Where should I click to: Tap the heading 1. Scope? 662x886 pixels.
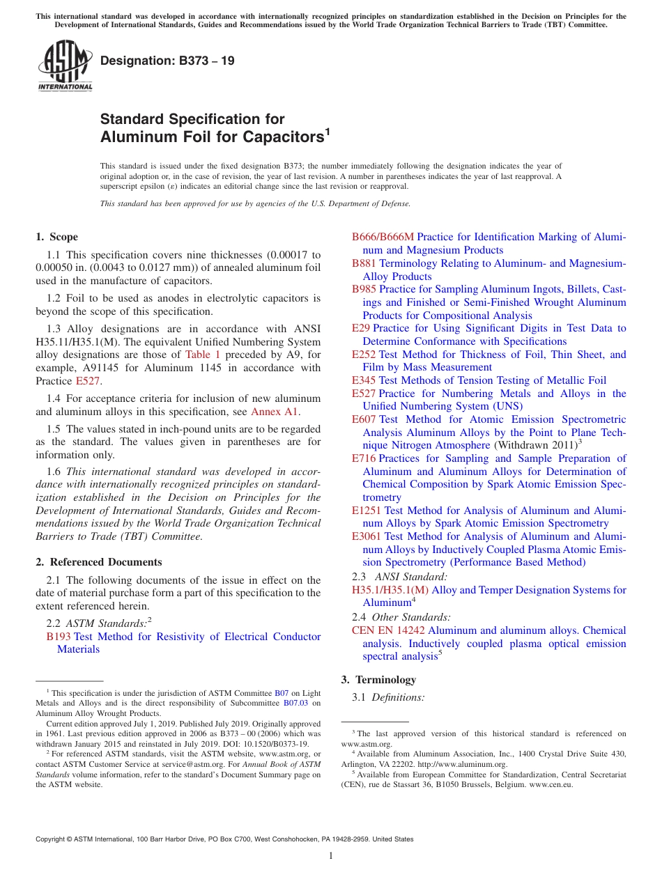(x=57, y=237)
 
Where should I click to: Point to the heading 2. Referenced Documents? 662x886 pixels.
(x=99, y=562)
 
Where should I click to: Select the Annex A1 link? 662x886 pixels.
(x=275, y=412)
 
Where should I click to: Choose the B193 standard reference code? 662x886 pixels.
(x=59, y=637)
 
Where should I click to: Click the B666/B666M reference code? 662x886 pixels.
(x=383, y=237)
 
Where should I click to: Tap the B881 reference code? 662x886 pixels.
(x=364, y=263)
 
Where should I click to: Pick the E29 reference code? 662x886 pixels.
(x=361, y=328)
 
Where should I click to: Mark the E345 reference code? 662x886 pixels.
(x=364, y=380)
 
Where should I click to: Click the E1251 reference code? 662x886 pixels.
(x=367, y=511)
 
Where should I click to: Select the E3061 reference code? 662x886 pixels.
(x=367, y=536)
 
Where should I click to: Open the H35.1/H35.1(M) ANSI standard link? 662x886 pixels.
(x=391, y=590)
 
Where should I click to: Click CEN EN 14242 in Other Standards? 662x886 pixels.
(x=388, y=630)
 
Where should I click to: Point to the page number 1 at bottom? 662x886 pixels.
(x=331, y=856)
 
